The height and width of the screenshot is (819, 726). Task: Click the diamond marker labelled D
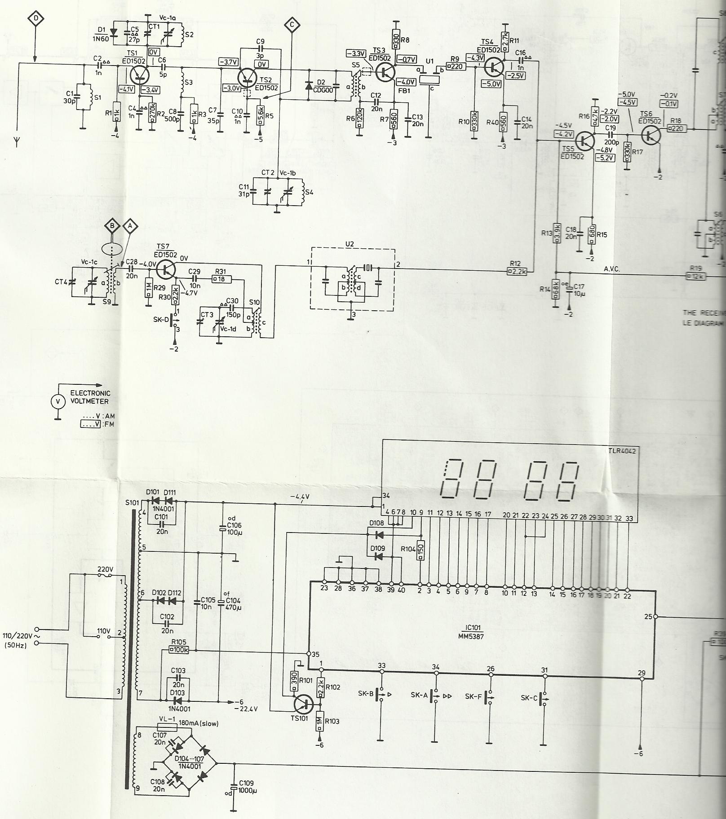(36, 18)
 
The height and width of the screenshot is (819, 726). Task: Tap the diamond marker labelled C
(292, 26)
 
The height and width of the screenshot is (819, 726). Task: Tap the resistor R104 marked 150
(421, 550)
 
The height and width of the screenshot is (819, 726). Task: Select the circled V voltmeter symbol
(57, 402)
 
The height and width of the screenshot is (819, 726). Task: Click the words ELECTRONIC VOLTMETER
(90, 397)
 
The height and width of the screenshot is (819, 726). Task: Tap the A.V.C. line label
(612, 269)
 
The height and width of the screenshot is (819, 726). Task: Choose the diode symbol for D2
(309, 85)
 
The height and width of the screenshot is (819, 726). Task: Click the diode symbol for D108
(378, 535)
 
